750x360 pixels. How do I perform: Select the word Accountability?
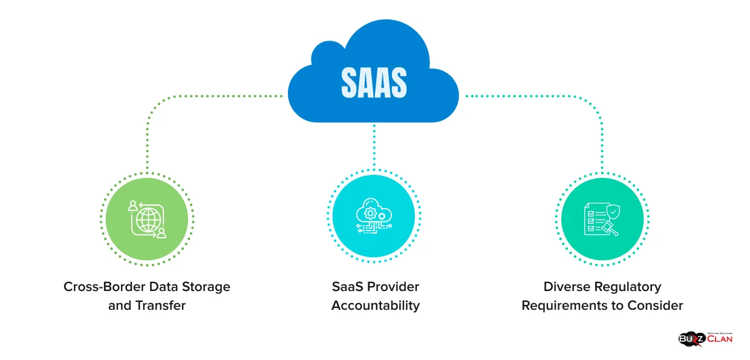tap(375, 306)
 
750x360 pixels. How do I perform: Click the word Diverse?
tap(567, 286)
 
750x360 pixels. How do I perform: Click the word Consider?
tap(656, 306)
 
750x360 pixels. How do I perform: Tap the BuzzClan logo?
tap(705, 338)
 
